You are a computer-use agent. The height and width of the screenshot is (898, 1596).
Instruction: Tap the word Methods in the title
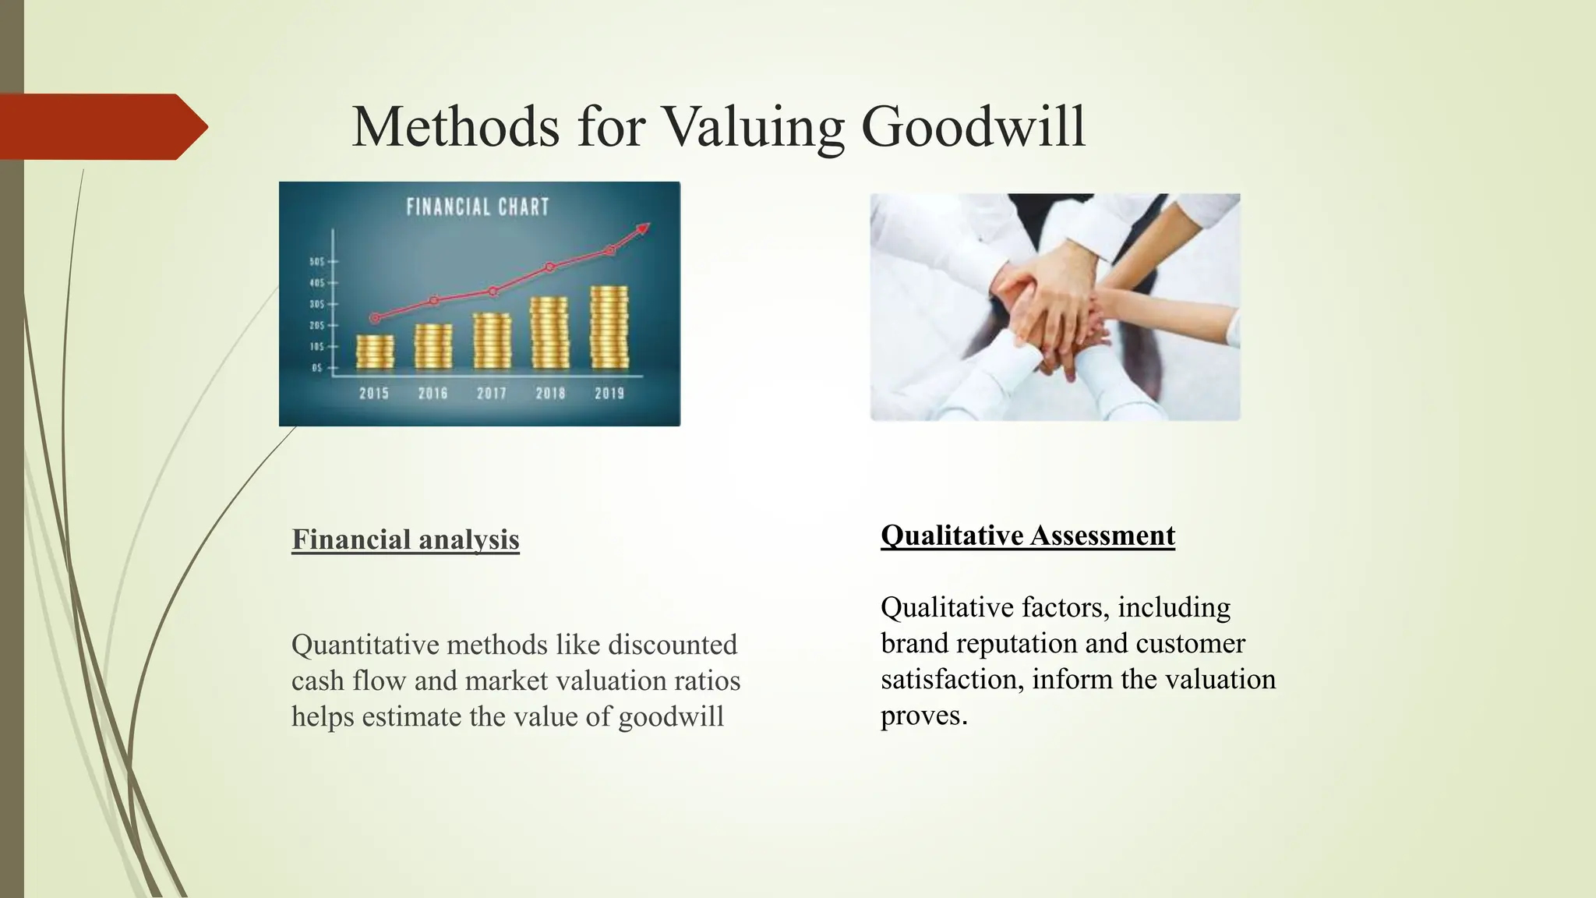click(x=455, y=127)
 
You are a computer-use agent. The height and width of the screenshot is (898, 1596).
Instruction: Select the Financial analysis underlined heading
click(x=405, y=539)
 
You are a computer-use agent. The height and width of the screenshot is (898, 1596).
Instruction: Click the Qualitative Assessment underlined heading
click(x=1027, y=536)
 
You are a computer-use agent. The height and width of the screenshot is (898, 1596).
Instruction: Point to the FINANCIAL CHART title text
click(x=478, y=207)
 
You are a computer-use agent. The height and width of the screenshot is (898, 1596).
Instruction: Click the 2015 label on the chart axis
click(x=374, y=394)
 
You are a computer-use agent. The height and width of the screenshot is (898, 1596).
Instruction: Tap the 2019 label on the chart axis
click(x=609, y=394)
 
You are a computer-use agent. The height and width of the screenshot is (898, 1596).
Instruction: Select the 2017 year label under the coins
click(x=492, y=394)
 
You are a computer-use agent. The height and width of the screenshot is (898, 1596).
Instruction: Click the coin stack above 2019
click(x=609, y=327)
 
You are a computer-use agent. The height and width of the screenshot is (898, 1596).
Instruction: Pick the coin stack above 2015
click(x=375, y=352)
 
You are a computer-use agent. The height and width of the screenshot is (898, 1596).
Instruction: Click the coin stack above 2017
click(x=492, y=341)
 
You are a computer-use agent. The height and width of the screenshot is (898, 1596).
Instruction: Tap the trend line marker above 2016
click(x=434, y=300)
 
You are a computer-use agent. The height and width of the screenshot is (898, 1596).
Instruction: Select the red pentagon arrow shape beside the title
click(x=101, y=127)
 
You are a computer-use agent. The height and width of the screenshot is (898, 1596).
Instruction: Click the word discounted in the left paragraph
click(x=672, y=645)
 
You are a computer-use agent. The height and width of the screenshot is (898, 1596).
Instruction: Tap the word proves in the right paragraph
click(x=923, y=716)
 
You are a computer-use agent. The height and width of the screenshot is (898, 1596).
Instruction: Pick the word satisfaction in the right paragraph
click(x=952, y=679)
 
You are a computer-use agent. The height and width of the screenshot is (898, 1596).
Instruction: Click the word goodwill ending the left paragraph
click(x=671, y=716)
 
